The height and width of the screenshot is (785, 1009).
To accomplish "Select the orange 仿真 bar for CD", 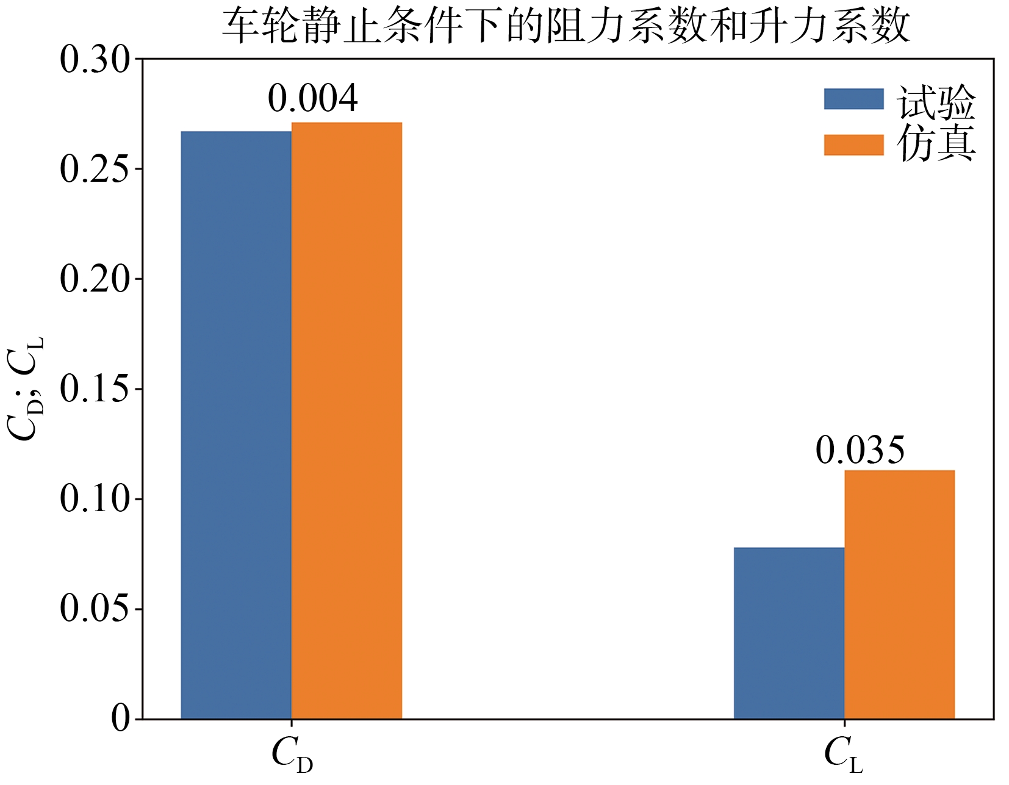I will point(347,421).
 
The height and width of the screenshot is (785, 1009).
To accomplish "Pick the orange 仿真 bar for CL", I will point(899,595).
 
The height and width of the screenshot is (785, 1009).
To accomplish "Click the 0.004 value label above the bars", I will point(312,99).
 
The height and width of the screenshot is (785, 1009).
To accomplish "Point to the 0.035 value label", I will point(860,451).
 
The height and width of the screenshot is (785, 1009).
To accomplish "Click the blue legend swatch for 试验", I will point(853,99).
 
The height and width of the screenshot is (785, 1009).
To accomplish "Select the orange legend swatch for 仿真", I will point(853,145).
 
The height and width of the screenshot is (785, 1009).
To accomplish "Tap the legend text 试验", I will point(936,101).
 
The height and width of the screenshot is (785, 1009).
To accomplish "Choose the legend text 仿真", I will point(936,144).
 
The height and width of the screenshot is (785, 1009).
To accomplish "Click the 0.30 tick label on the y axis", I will point(95,60).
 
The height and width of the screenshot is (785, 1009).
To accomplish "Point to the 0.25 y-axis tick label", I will point(95,169).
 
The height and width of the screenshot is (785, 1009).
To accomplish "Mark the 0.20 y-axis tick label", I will point(95,279).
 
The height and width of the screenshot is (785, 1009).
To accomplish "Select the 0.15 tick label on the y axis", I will point(95,389).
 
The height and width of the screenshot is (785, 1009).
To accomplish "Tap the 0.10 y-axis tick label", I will point(95,499).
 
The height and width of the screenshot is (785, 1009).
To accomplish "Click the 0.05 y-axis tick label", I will point(95,609).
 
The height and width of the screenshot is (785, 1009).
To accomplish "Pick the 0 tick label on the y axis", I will point(121,719).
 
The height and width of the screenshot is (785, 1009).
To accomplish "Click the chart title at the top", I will point(566,27).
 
